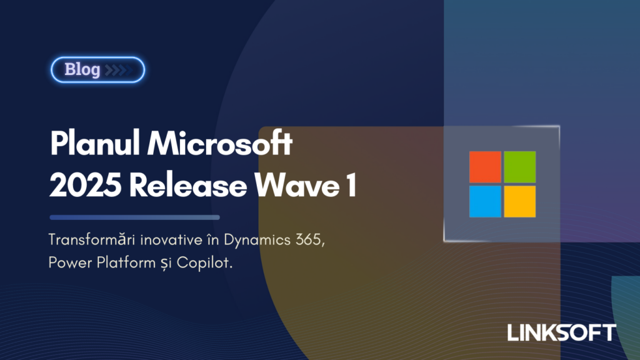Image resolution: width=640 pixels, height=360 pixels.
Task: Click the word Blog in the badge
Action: coord(82,69)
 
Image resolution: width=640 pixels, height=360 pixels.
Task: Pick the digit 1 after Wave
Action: coord(351,186)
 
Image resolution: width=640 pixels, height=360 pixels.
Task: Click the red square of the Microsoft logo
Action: coord(485,167)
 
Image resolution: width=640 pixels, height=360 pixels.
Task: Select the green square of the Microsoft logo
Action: coord(520,167)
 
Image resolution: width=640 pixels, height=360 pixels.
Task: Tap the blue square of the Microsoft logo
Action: coord(485,201)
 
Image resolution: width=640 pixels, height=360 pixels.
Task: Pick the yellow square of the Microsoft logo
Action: coord(520,201)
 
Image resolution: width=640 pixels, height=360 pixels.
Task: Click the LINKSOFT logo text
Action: coord(561,332)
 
